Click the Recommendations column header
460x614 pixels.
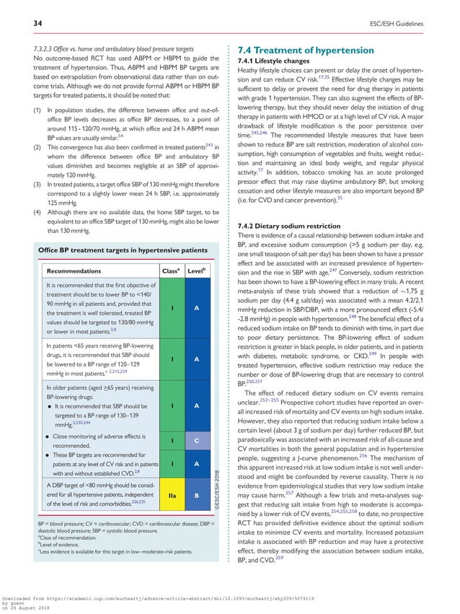click(75, 271)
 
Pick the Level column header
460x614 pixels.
click(196, 271)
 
